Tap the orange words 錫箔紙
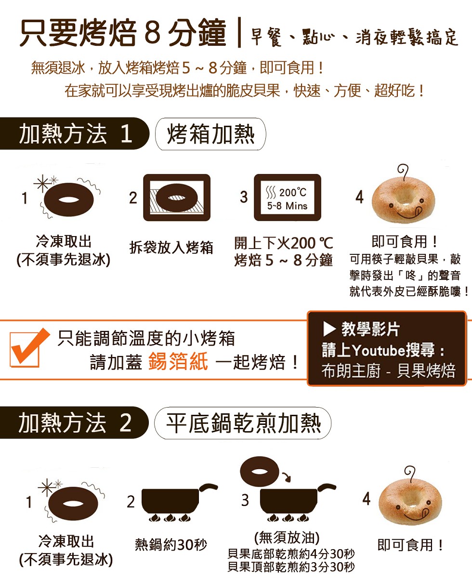178,361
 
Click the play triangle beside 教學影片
329,329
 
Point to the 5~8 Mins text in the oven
287,206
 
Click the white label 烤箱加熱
210,134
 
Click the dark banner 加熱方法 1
74,133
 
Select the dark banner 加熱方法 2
74,423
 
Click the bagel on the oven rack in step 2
177,198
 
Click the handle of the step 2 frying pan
209,487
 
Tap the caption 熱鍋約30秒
171,545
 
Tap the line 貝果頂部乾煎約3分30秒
291,567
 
